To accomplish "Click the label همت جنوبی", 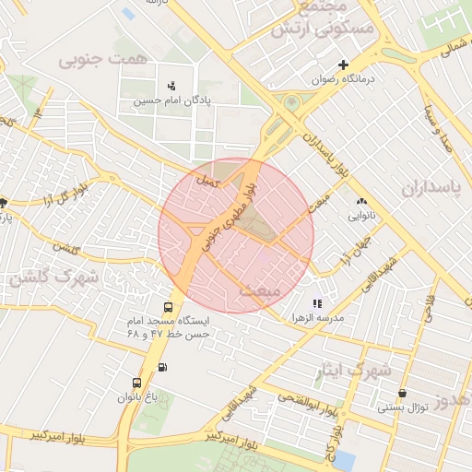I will tap(90, 61).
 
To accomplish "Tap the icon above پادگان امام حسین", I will tap(171, 86).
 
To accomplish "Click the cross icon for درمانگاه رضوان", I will tap(343, 65).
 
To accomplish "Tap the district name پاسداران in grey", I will tap(430, 187).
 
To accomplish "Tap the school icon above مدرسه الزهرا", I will tap(317, 302).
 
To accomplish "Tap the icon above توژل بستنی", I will tap(402, 394).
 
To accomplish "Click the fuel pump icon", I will tap(163, 367).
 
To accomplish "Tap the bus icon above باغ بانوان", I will tap(137, 383).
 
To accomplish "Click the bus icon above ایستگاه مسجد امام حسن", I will tap(168, 308).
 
